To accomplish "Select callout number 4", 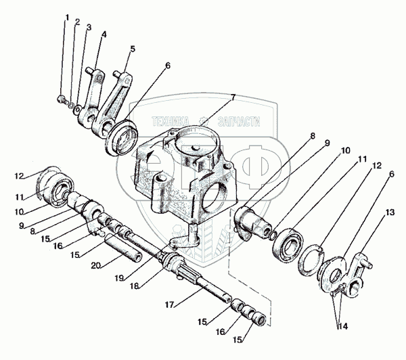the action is click(x=104, y=33).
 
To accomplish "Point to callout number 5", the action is click(x=132, y=49).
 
